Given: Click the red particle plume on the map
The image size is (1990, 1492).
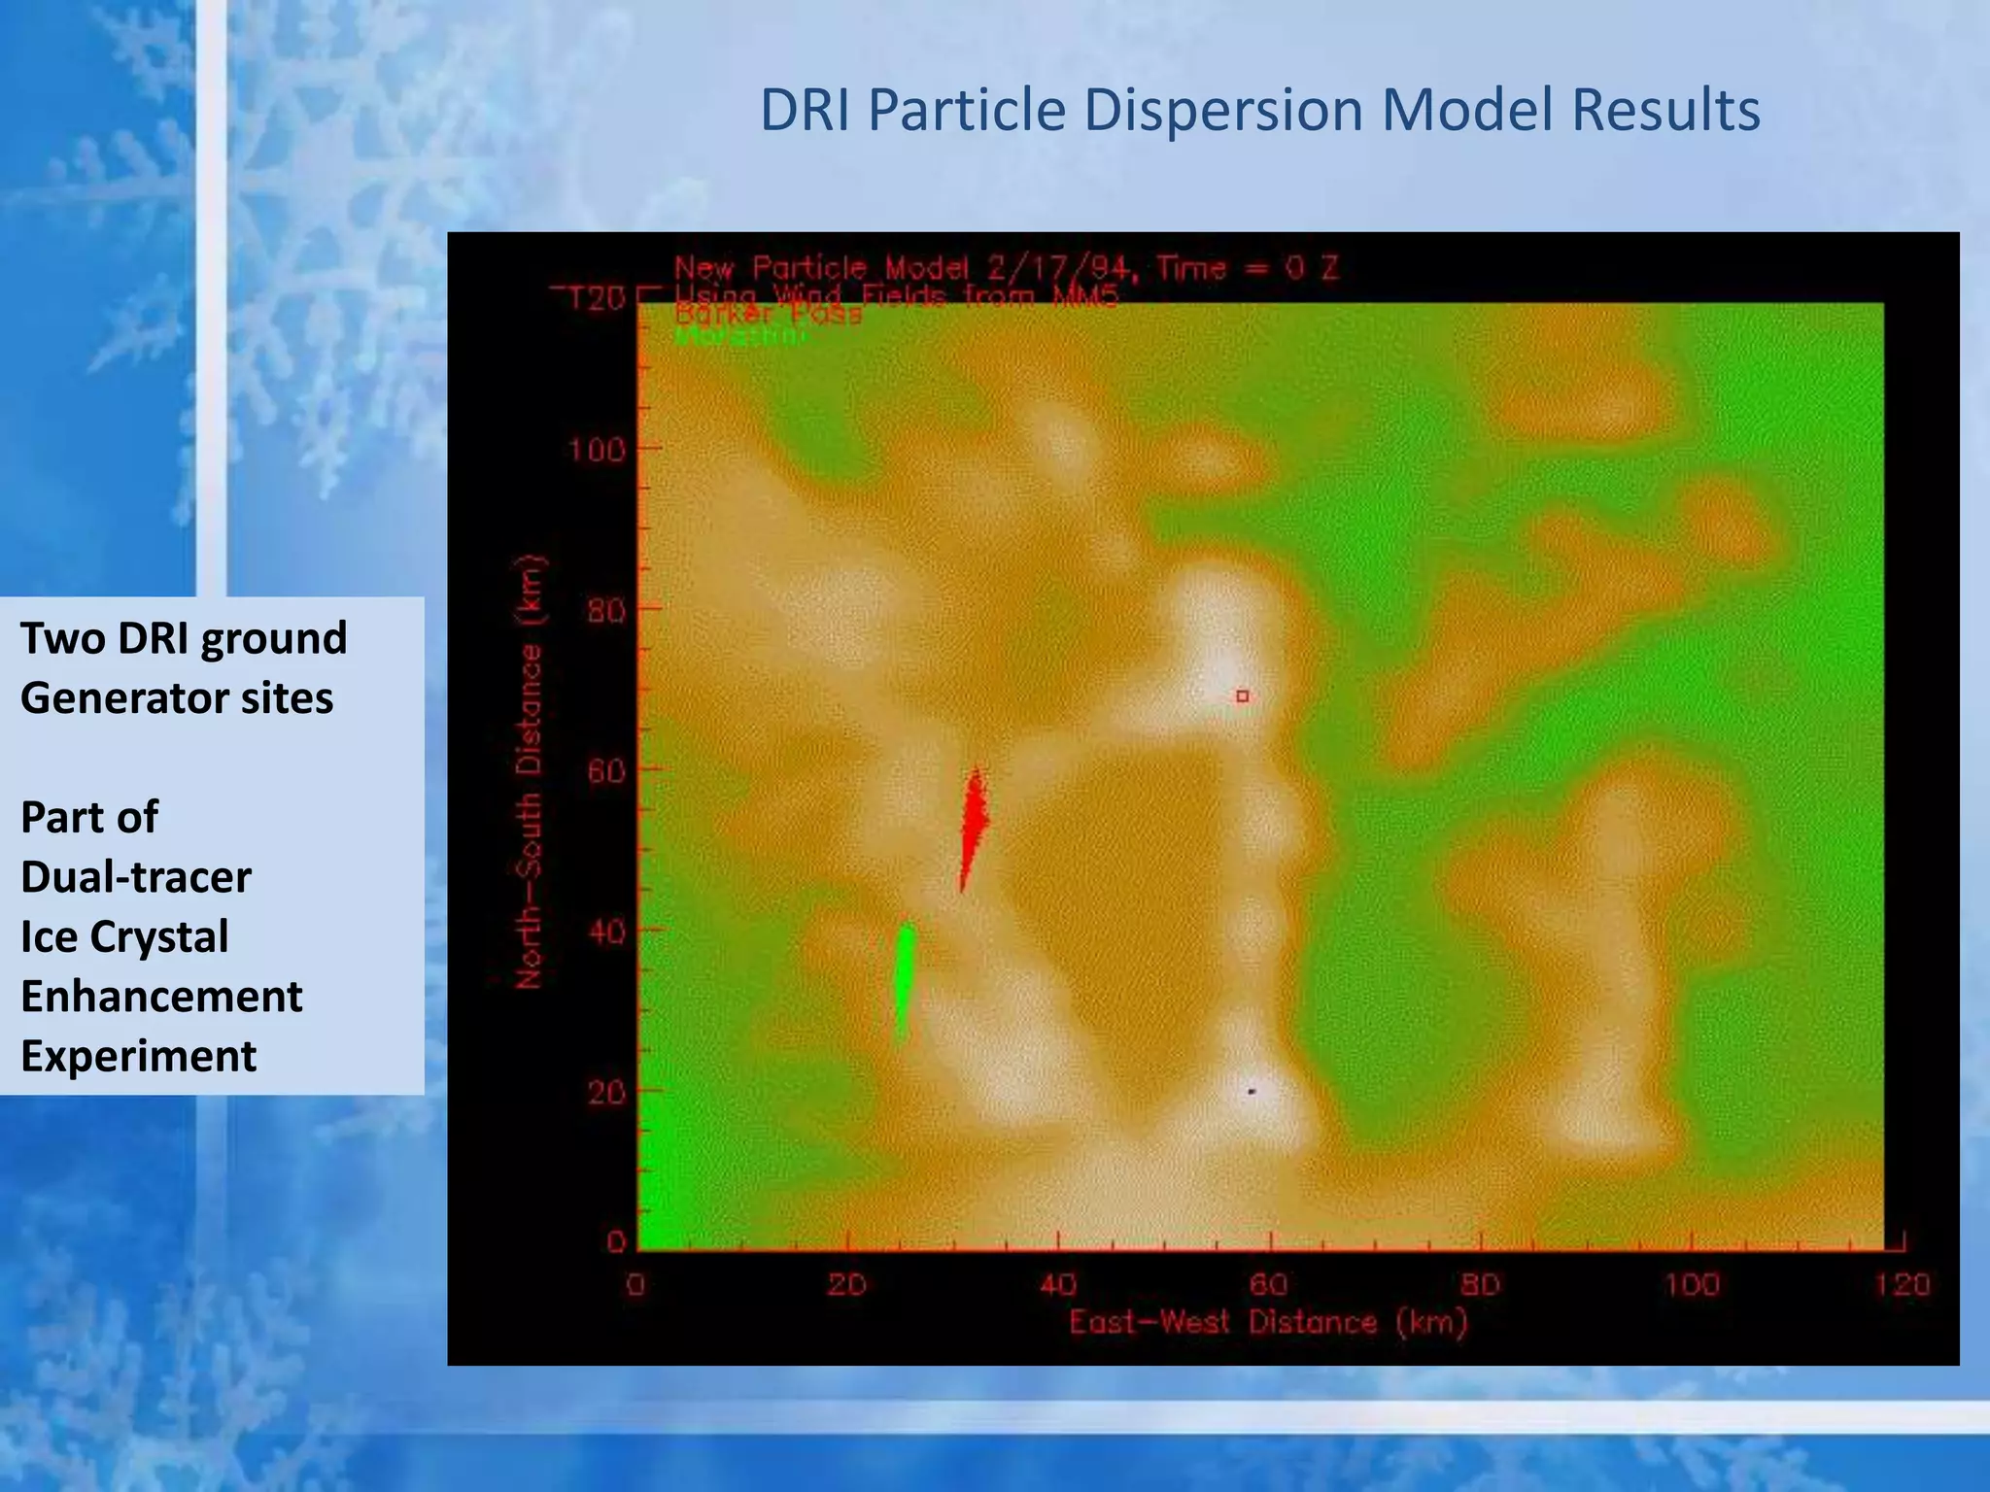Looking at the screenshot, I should pos(973,826).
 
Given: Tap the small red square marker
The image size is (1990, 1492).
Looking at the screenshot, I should pos(1242,695).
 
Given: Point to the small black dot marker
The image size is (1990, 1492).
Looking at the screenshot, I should pos(1252,1092).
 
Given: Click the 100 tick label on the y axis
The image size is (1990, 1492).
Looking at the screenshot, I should pos(597,450).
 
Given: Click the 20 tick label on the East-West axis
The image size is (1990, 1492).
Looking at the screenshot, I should pos(846,1285).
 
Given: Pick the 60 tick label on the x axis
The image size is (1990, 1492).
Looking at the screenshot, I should pos(1268,1285).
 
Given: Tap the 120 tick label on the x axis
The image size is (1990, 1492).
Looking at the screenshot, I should pos(1902,1285).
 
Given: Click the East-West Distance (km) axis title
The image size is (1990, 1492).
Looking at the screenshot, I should pos(1268,1322).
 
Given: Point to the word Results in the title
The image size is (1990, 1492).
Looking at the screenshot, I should pos(1665,110).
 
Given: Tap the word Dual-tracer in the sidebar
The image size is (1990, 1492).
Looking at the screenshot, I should pos(136,876).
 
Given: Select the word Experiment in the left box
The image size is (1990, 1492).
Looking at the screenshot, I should pos(139,1056).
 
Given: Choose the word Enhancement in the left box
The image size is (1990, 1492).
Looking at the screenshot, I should pos(161,996).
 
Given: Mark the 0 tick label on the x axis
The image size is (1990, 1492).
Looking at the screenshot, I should pos(635,1285).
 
